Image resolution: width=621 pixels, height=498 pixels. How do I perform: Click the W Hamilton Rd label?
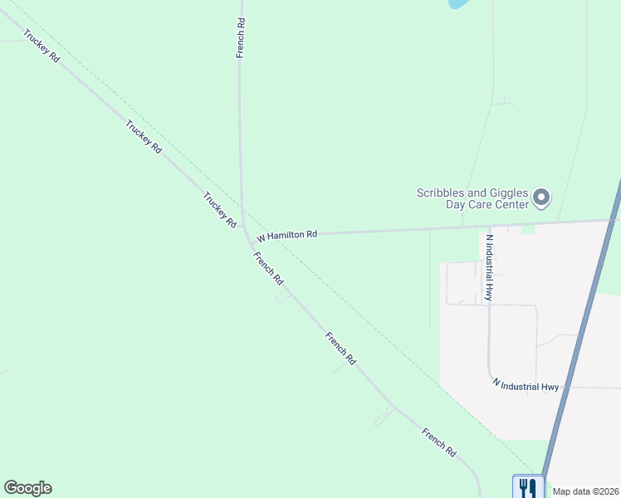[286, 235]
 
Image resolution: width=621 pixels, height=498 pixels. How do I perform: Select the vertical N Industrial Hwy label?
[489, 266]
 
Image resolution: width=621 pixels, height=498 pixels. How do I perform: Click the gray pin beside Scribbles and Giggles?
[541, 198]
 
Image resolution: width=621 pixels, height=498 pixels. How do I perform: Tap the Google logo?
[27, 488]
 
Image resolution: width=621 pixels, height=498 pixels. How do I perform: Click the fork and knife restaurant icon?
[526, 487]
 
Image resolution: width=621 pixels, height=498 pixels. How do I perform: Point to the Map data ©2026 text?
[586, 491]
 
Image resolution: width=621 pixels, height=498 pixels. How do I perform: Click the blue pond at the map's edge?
[457, 3]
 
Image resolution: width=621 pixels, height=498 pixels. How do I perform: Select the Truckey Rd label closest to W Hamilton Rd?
[220, 210]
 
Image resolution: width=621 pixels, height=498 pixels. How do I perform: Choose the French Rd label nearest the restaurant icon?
[439, 443]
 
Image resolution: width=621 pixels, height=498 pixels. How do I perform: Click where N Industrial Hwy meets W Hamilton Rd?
[490, 225]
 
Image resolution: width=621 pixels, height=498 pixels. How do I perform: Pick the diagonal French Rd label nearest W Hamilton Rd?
[268, 268]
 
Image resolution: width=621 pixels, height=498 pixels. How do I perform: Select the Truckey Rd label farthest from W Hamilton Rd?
[42, 48]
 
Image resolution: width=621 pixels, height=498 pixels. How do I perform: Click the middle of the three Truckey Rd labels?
[143, 137]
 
